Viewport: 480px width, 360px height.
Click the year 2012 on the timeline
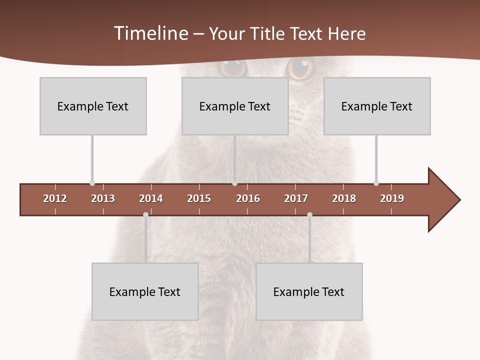55,198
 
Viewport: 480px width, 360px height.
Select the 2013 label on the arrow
103,198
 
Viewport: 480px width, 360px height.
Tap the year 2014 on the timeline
151,198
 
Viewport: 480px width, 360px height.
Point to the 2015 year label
199,198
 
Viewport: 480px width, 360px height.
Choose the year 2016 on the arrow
248,198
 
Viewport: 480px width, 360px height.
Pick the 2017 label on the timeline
296,198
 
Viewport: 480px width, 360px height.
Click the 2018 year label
344,198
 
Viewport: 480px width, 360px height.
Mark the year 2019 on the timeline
392,198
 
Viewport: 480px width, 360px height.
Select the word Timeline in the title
151,33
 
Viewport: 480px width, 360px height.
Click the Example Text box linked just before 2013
93,106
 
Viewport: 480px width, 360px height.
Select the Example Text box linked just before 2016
235,106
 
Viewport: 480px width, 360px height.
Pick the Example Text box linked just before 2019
377,106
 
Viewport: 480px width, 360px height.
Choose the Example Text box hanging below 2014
145,291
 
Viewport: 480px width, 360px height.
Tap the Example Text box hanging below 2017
309,291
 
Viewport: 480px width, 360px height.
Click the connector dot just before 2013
92,183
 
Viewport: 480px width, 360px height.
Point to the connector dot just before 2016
234,183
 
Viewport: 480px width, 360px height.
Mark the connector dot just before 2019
376,183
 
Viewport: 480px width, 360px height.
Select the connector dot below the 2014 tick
145,215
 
